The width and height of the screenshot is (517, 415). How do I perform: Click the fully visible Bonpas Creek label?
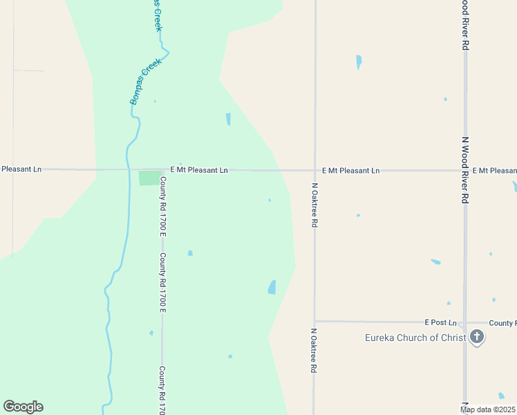pyautogui.click(x=146, y=82)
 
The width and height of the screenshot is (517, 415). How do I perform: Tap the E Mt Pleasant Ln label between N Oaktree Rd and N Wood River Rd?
pyautogui.click(x=351, y=170)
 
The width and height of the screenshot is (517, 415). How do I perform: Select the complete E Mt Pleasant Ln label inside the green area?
pyautogui.click(x=199, y=169)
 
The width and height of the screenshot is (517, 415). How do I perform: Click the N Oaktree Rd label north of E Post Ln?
pyautogui.click(x=314, y=205)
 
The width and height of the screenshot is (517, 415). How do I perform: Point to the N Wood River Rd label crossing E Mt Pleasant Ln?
pyautogui.click(x=465, y=168)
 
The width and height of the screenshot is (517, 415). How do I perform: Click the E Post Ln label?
pyautogui.click(x=441, y=322)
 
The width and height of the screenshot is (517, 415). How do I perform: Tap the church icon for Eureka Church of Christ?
pyautogui.click(x=476, y=338)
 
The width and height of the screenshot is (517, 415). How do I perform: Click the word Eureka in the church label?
pyautogui.click(x=381, y=338)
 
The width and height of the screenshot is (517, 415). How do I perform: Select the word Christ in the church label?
pyautogui.click(x=453, y=338)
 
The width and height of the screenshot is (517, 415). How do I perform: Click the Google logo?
pyautogui.click(x=23, y=407)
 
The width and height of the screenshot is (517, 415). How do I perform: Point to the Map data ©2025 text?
pyautogui.click(x=488, y=409)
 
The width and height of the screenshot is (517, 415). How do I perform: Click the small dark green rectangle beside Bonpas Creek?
pyautogui.click(x=149, y=178)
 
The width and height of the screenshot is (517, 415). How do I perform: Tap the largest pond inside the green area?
pyautogui.click(x=272, y=287)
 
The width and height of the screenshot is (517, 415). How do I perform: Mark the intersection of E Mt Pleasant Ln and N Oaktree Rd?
pyautogui.click(x=314, y=169)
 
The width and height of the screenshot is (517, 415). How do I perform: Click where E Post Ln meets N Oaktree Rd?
pyautogui.click(x=314, y=321)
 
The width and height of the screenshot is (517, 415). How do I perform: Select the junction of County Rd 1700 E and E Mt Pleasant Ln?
pyautogui.click(x=162, y=169)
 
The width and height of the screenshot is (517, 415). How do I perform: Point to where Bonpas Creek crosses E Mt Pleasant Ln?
pyautogui.click(x=129, y=169)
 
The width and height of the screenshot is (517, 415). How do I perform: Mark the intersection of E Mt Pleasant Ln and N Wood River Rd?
pyautogui.click(x=465, y=169)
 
